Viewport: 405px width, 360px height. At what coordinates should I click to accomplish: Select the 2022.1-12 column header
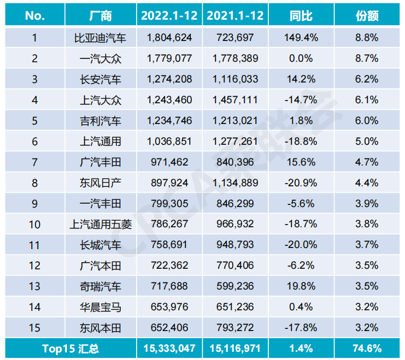click(169, 16)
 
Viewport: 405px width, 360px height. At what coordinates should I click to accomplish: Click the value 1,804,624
click(169, 38)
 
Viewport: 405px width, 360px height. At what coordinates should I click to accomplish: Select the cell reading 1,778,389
click(235, 59)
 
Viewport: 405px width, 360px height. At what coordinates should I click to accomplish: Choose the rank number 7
click(34, 162)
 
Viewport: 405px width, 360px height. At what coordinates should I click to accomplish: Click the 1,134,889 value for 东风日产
click(235, 183)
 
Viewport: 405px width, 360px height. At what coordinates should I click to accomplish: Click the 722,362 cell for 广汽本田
click(169, 266)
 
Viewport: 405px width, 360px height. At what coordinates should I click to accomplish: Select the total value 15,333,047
click(169, 348)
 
